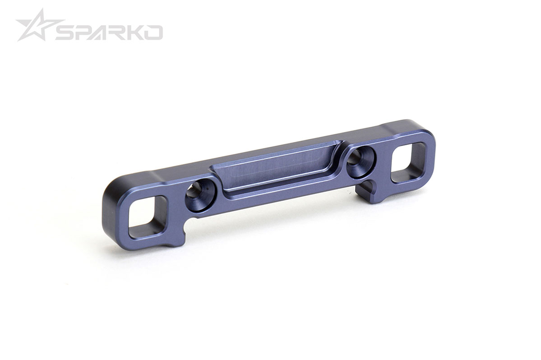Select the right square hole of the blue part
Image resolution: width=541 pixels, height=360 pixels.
(x=408, y=162)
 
